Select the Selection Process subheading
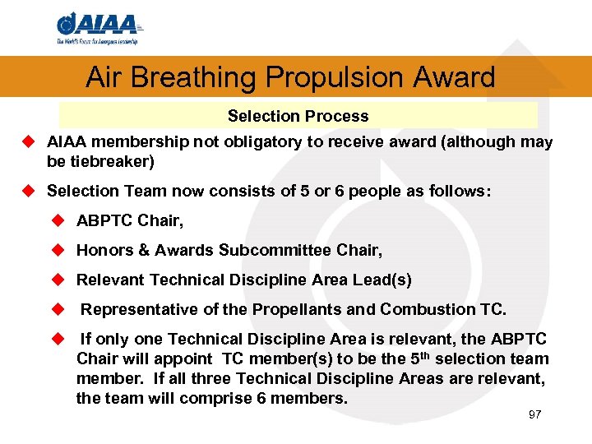pos(298,116)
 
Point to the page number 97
pos(534,414)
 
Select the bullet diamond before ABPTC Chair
pos(57,220)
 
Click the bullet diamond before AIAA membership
pos(27,142)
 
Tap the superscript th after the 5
pos(441,355)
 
